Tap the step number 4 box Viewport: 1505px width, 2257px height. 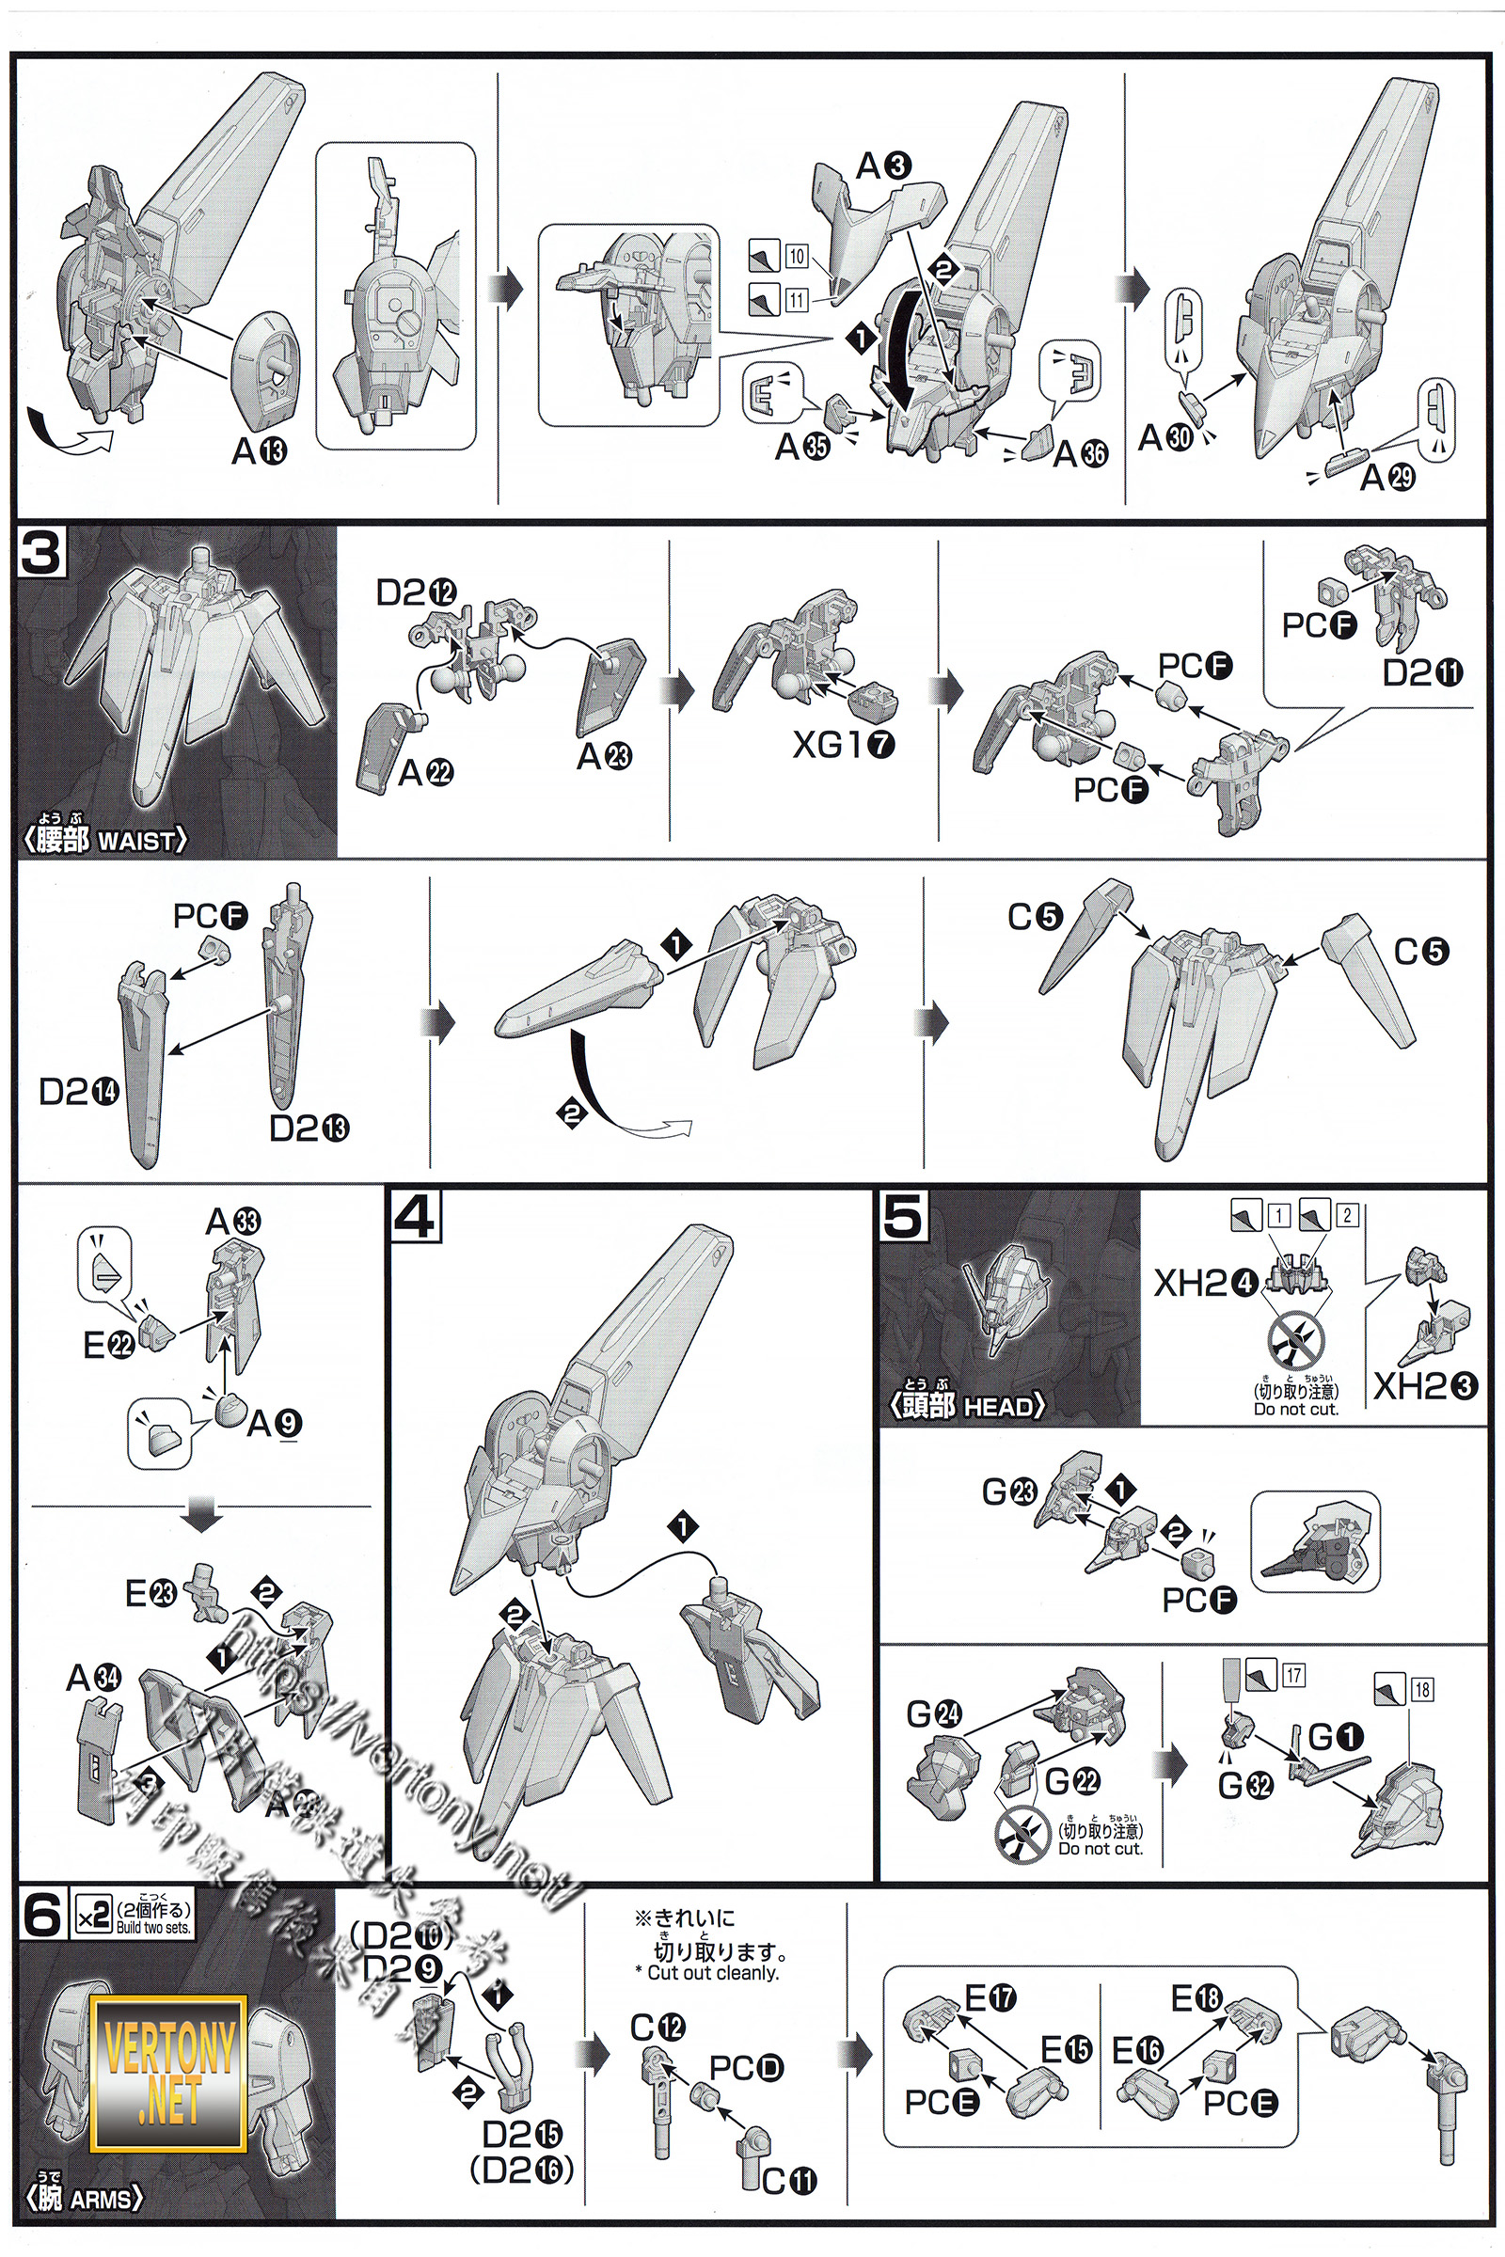(416, 1216)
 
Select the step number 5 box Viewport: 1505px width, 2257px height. (903, 1216)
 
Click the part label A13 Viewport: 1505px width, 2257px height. (260, 450)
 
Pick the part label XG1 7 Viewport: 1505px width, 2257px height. (843, 744)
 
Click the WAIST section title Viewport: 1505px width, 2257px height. (106, 840)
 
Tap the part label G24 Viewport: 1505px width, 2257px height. (934, 1712)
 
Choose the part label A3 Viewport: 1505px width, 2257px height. (884, 166)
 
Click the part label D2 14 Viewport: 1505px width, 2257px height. (79, 1091)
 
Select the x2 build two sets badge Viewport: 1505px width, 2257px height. (134, 1918)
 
